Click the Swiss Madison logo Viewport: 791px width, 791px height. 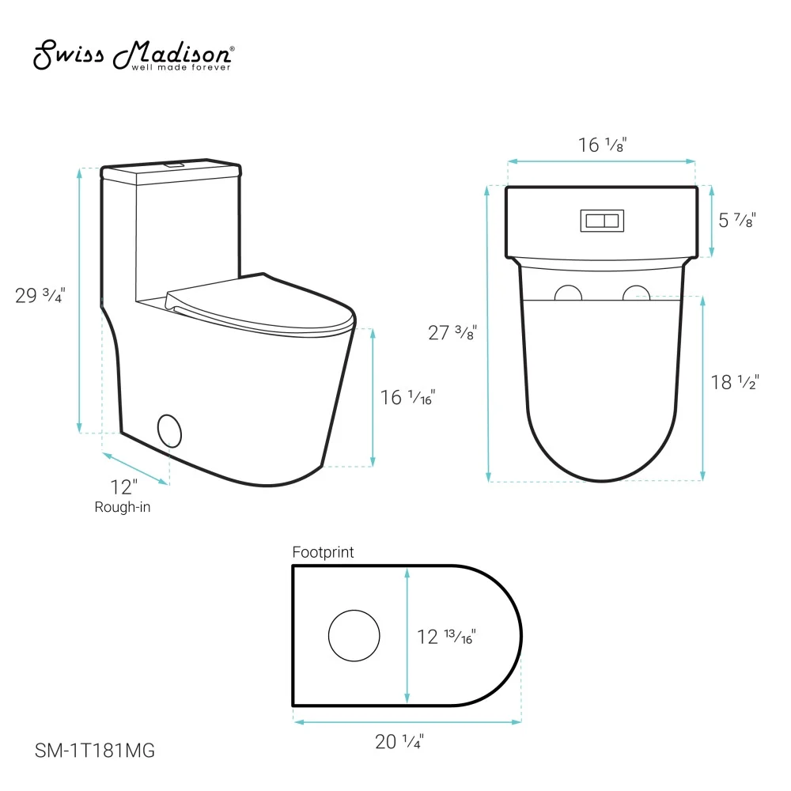click(x=134, y=55)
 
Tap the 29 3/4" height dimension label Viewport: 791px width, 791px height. click(x=40, y=295)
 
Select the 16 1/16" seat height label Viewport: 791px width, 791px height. click(x=407, y=398)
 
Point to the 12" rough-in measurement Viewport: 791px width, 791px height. click(x=124, y=487)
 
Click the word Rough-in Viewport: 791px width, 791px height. click(x=123, y=507)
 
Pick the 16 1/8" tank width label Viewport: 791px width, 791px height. click(x=602, y=145)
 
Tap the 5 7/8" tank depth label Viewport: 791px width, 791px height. click(x=737, y=221)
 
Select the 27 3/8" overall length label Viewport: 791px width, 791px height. click(x=452, y=332)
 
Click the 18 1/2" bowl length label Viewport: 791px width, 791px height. click(x=735, y=382)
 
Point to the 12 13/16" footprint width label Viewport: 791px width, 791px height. click(x=446, y=637)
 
